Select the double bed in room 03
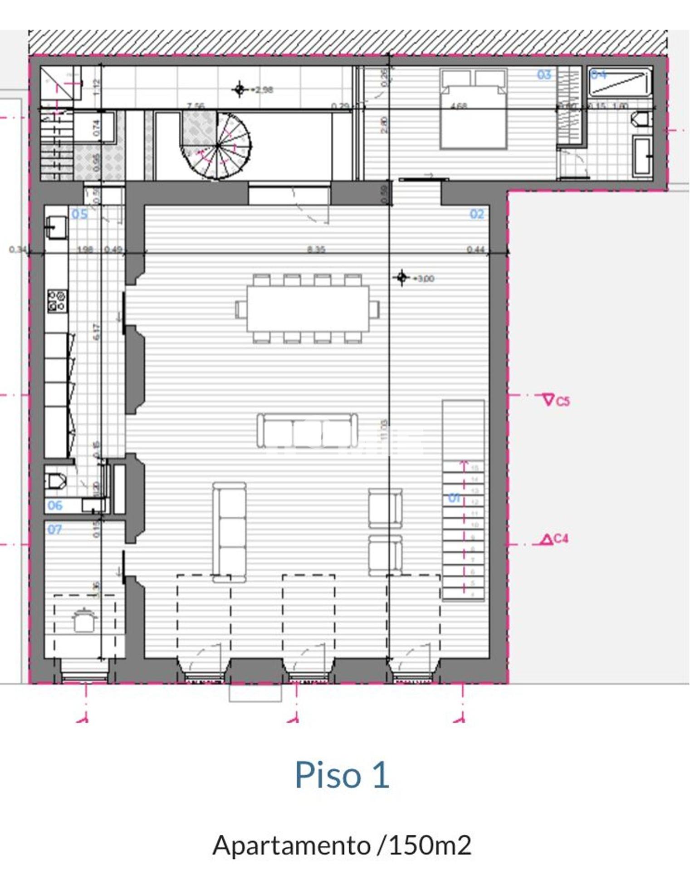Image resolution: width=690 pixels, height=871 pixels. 473,109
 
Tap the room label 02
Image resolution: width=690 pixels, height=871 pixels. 477,214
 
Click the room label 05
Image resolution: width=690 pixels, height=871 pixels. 79,214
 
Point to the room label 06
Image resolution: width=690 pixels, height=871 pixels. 55,505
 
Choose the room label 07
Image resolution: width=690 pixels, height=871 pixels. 54,529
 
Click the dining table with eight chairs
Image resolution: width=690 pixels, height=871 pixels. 308,308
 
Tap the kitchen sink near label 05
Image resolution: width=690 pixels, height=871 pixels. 56,225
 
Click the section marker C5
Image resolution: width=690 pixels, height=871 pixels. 556,401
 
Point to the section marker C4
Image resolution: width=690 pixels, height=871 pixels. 555,539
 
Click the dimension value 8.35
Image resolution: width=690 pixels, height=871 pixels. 316,250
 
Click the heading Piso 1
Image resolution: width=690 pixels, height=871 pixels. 342,775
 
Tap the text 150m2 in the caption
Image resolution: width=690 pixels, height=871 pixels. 430,845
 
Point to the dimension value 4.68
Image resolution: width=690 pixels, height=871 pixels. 458,106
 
